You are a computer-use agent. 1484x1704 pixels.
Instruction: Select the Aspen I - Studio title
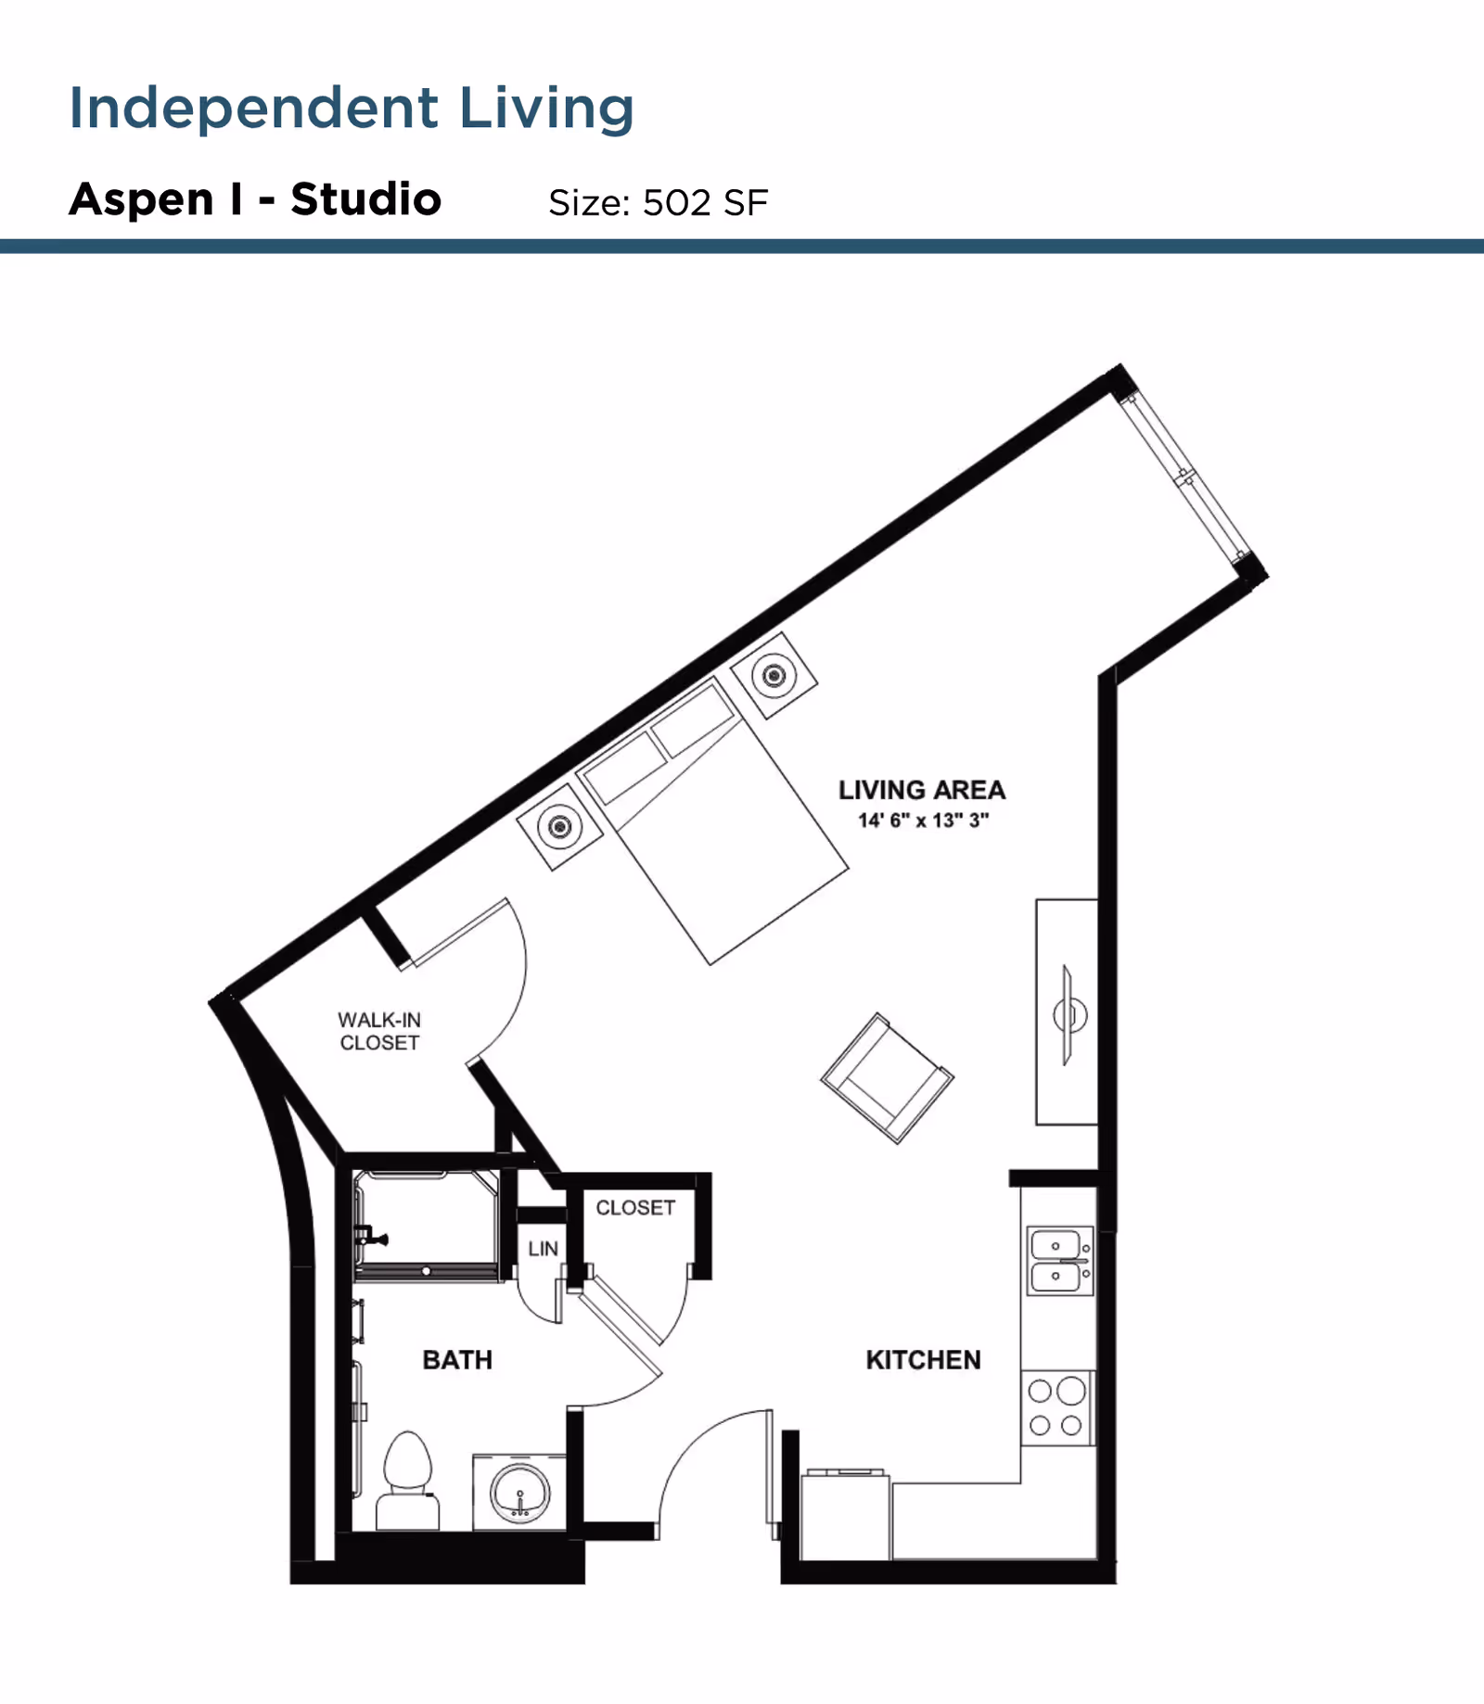pos(255,199)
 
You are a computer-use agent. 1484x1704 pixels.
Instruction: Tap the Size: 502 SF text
pos(658,203)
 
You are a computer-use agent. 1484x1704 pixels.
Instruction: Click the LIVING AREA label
pos(922,790)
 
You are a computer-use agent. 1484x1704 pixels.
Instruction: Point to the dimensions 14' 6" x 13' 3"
pos(923,820)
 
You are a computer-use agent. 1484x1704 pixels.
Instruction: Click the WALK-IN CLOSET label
pos(379,1031)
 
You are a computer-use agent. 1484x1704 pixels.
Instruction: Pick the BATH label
pos(457,1360)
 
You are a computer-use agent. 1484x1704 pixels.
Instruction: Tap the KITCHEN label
pos(923,1360)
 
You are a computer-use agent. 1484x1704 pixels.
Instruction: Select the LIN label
pos(543,1249)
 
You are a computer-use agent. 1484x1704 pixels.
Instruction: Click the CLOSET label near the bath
pos(635,1208)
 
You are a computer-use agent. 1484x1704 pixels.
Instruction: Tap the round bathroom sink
pos(520,1494)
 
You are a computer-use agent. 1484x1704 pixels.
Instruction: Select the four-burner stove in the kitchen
pos(1056,1408)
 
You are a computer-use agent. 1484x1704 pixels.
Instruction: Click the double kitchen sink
pos(1059,1261)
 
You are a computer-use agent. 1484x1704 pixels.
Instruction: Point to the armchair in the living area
pos(887,1078)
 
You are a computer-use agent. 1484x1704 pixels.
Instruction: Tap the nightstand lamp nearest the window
pos(774,675)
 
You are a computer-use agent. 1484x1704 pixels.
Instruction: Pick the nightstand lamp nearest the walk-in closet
pos(559,826)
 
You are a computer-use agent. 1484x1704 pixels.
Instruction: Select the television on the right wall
pos(1068,1014)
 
